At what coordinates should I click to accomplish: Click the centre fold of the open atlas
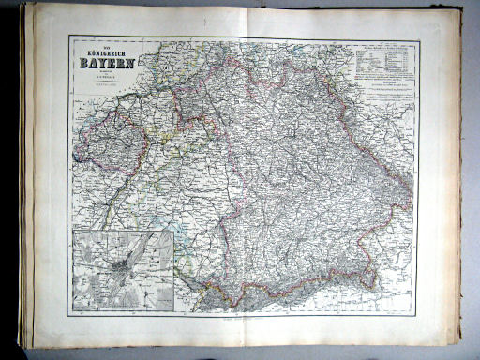click(240, 178)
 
